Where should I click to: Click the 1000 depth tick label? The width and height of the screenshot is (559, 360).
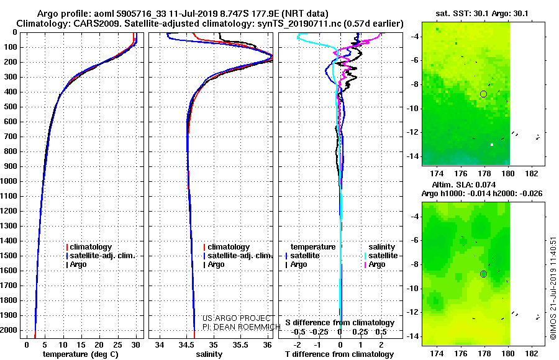pos(9,181)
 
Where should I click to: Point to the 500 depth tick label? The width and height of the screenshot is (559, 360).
pos(11,107)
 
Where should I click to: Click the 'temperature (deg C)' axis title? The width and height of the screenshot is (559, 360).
pos(81,354)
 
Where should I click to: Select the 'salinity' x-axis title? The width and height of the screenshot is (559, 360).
pos(209,354)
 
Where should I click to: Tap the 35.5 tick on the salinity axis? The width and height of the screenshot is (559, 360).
pos(240,345)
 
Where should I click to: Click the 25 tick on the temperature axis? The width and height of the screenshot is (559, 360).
pos(117,345)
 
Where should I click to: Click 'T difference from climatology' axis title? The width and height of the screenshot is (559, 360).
pos(339,354)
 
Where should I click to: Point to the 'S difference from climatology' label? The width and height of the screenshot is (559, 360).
pos(340,323)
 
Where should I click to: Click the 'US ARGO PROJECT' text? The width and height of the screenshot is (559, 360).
pos(237,318)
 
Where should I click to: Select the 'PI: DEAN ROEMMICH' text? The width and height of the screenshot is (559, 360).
pos(242,327)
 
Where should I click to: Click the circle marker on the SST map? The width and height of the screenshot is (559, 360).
pos(483,94)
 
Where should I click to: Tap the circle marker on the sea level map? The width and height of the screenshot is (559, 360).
pos(483,274)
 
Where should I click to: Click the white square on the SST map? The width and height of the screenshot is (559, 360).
pos(492,145)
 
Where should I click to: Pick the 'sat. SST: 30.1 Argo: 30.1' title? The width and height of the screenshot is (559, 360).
pos(482,14)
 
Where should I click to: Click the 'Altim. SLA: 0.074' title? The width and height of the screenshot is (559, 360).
pos(464,184)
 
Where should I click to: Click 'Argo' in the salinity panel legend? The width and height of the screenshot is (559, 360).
pos(217,264)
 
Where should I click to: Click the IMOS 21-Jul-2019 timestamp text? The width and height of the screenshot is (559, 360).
pos(553,288)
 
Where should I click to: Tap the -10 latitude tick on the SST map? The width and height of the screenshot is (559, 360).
pos(413,109)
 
